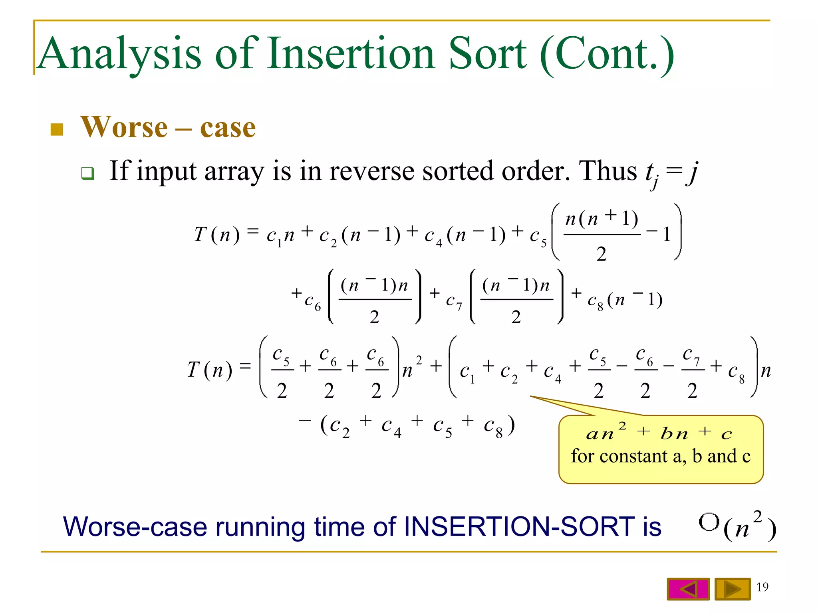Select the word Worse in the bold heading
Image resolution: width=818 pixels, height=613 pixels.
point(124,127)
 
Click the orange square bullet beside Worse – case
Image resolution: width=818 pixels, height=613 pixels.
point(57,129)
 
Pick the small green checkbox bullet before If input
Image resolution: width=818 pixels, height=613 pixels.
point(87,173)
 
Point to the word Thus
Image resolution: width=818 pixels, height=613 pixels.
point(608,171)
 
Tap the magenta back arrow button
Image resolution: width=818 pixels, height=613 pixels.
point(688,589)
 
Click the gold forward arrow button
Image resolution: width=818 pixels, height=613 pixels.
point(732,589)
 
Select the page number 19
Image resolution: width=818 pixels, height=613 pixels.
point(762,587)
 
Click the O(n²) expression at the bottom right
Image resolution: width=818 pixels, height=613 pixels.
point(737,526)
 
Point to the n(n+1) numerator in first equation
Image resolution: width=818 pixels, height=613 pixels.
point(602,219)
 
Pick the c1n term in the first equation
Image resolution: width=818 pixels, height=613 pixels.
point(280,235)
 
